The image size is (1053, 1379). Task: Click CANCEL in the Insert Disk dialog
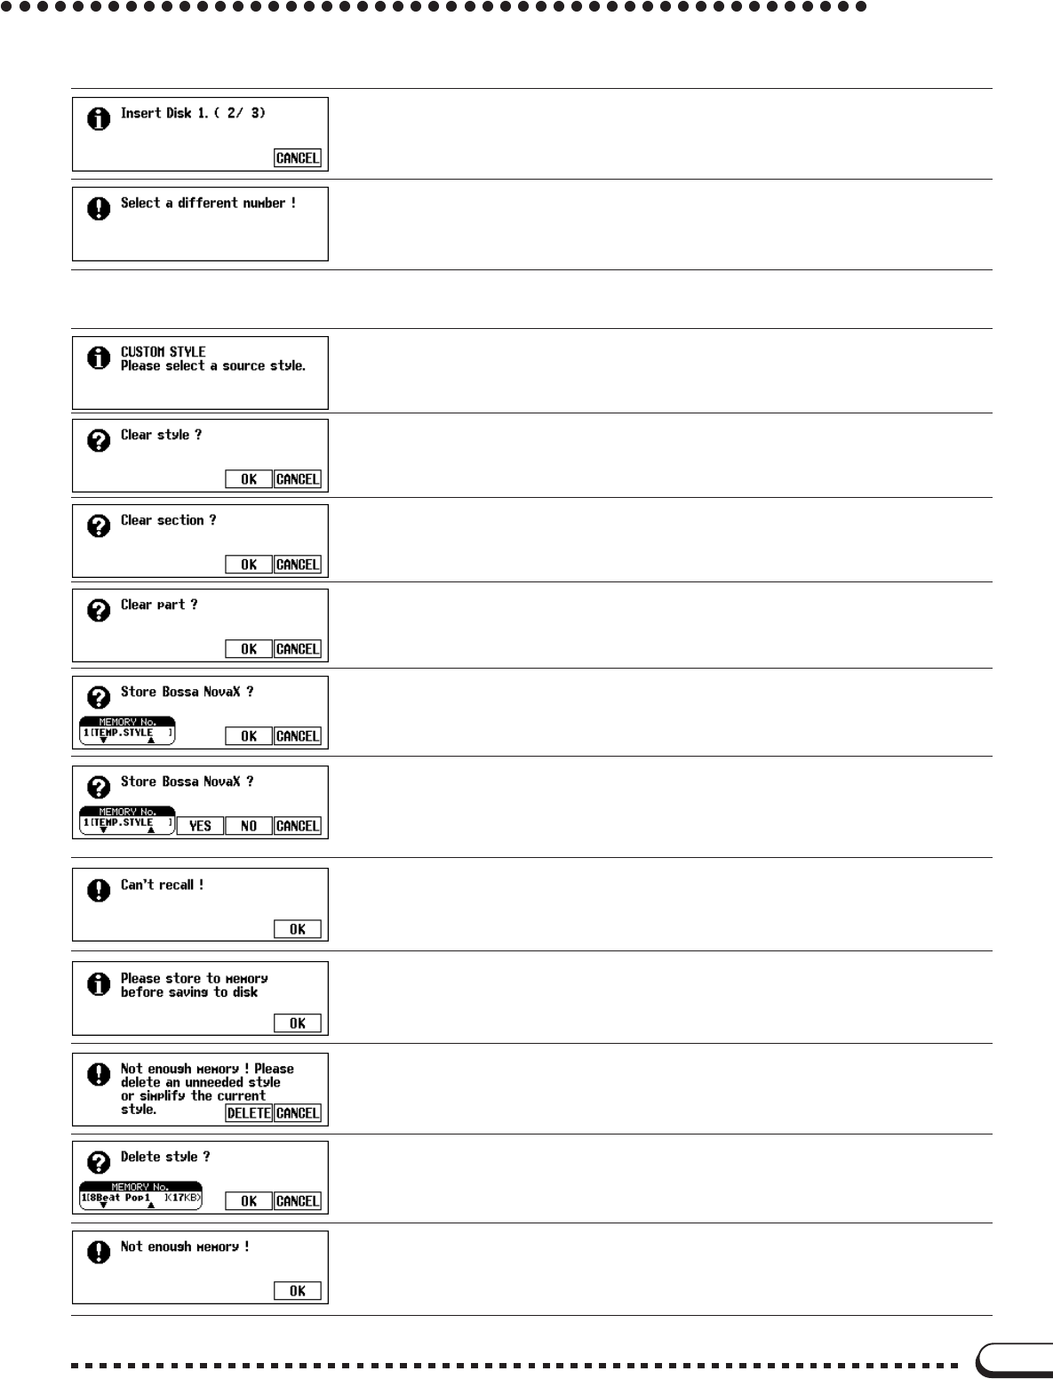pos(297,158)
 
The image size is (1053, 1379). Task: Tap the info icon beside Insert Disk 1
pos(99,118)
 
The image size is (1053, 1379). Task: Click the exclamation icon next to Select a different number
pos(99,208)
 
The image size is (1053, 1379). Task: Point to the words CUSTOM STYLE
pos(163,352)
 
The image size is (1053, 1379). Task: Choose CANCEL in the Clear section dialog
pos(297,565)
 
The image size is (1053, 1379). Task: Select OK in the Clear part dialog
pos(249,649)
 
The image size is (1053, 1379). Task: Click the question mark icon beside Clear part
pos(99,610)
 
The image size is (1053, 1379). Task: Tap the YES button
pos(200,826)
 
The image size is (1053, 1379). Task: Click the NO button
pos(249,826)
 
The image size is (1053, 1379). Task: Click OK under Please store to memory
pos(297,1023)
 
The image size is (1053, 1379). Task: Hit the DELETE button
pos(249,1113)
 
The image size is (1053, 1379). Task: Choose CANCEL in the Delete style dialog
pos(297,1201)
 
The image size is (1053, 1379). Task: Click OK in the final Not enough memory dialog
pos(297,1291)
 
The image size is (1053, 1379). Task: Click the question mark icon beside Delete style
pos(99,1162)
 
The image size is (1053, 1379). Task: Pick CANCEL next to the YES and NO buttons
pos(297,826)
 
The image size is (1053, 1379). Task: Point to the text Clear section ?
pos(168,520)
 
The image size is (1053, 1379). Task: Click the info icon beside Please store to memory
pos(99,983)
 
